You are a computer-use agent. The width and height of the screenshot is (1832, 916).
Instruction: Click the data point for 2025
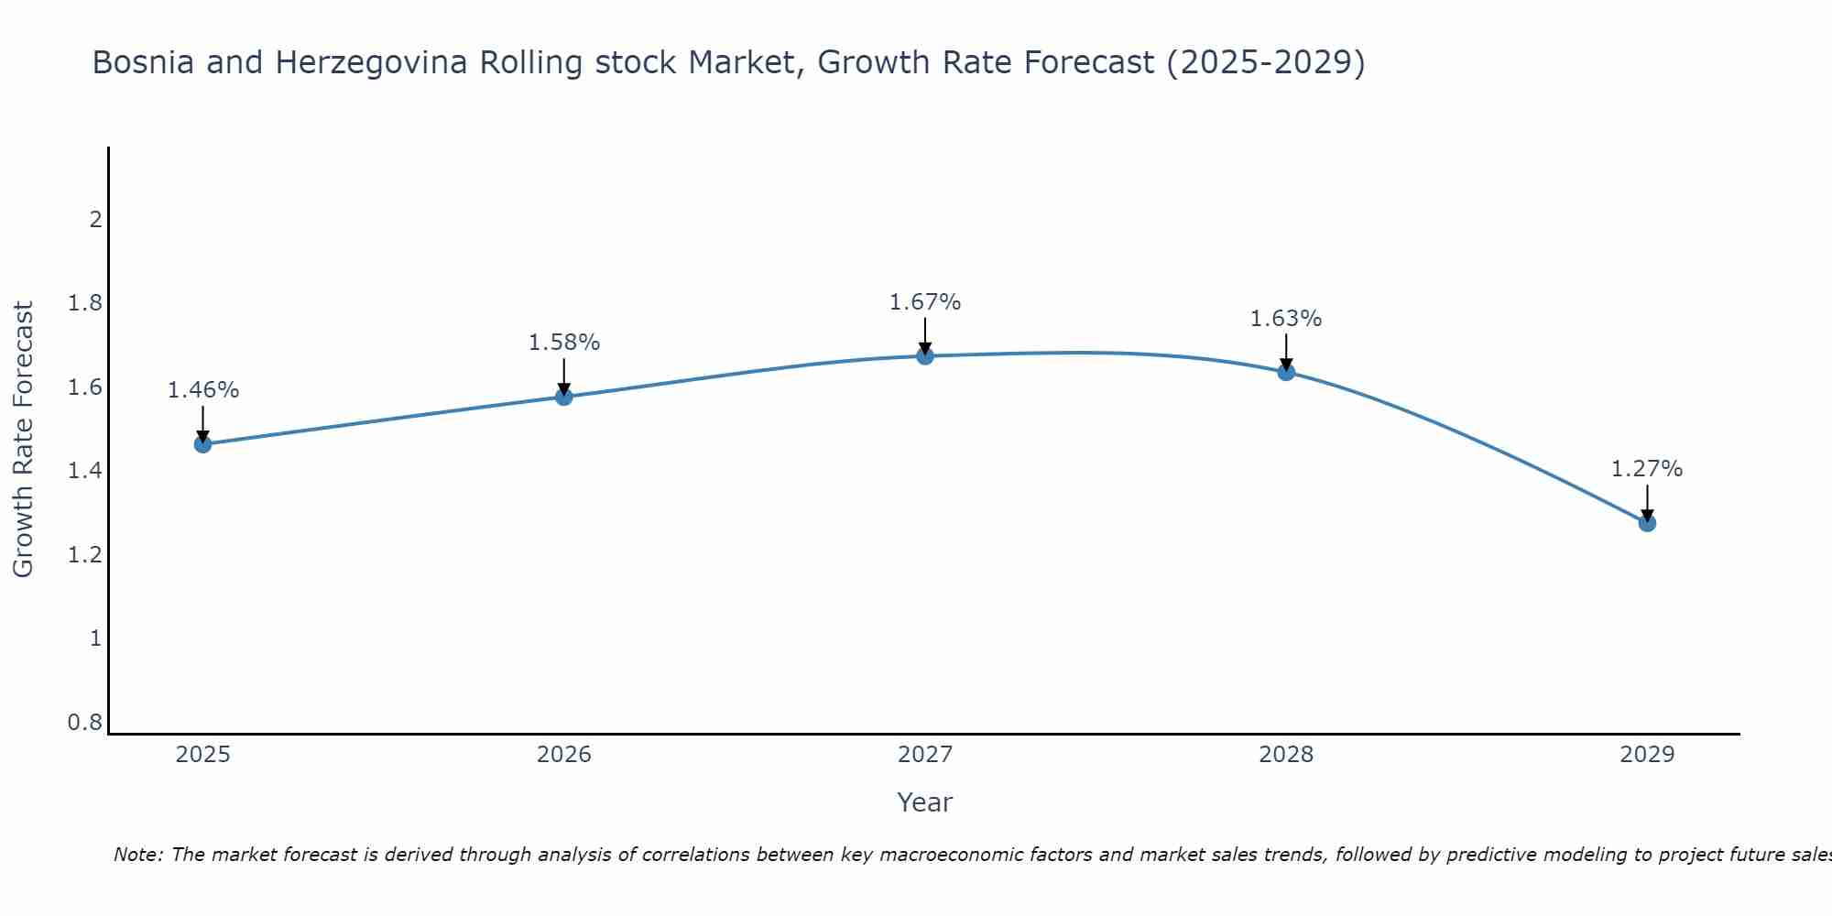[x=202, y=444]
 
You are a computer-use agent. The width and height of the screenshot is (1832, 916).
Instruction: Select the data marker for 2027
[x=925, y=355]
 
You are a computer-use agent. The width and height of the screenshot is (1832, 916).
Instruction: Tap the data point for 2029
[x=1647, y=523]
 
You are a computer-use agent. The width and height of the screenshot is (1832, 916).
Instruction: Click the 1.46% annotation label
[x=202, y=390]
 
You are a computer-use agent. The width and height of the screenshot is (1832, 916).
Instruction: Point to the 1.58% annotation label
[x=564, y=343]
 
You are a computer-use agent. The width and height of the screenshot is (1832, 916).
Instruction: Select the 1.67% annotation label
[x=925, y=302]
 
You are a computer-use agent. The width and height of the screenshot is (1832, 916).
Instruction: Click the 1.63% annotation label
[x=1286, y=319]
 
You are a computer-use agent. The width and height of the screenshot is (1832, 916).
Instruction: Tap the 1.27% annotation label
[x=1647, y=469]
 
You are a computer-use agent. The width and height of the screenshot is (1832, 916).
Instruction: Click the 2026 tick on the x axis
[x=564, y=755]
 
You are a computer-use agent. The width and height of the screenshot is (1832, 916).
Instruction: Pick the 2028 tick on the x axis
[x=1286, y=755]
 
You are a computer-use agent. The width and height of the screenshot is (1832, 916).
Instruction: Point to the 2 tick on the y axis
[x=95, y=220]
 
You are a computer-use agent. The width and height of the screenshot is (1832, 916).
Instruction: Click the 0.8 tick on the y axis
[x=85, y=723]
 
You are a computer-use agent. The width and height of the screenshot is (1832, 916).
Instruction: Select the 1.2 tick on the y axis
[x=85, y=555]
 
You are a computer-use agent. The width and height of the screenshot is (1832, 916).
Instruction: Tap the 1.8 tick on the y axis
[x=85, y=303]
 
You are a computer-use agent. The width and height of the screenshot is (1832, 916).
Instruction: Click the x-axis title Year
[x=925, y=802]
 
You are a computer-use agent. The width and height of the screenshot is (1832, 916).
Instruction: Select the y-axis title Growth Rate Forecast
[x=24, y=440]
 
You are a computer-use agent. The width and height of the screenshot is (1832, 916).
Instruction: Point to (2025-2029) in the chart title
[x=1265, y=63]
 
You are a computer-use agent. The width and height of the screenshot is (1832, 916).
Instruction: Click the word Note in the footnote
[x=137, y=855]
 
